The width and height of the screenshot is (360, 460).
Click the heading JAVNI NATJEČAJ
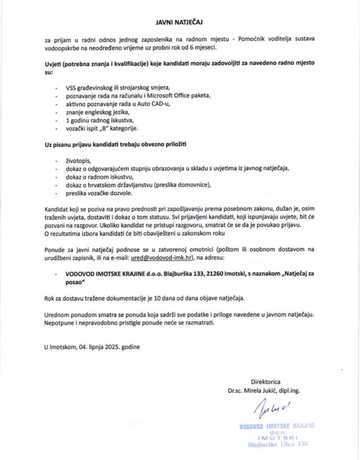180,21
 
